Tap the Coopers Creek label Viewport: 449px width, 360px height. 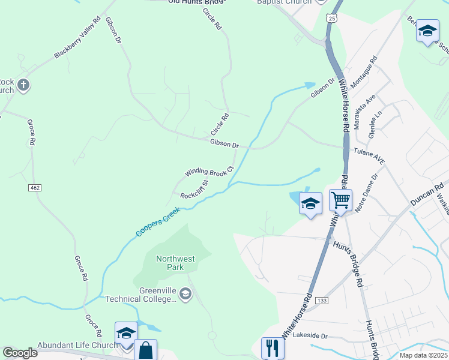pyautogui.click(x=157, y=221)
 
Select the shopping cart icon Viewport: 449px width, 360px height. pyautogui.click(x=340, y=200)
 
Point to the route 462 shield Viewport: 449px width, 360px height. pyautogui.click(x=34, y=188)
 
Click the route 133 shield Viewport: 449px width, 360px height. pyautogui.click(x=322, y=300)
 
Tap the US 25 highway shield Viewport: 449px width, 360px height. pyautogui.click(x=332, y=19)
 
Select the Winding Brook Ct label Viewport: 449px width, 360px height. pyautogui.click(x=208, y=172)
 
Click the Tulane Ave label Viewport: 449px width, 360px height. pyautogui.click(x=369, y=157)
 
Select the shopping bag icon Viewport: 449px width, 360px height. pyautogui.click(x=146, y=350)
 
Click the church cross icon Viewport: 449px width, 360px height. pyautogui.click(x=23, y=85)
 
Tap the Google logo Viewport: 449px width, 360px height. pyautogui.click(x=20, y=353)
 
